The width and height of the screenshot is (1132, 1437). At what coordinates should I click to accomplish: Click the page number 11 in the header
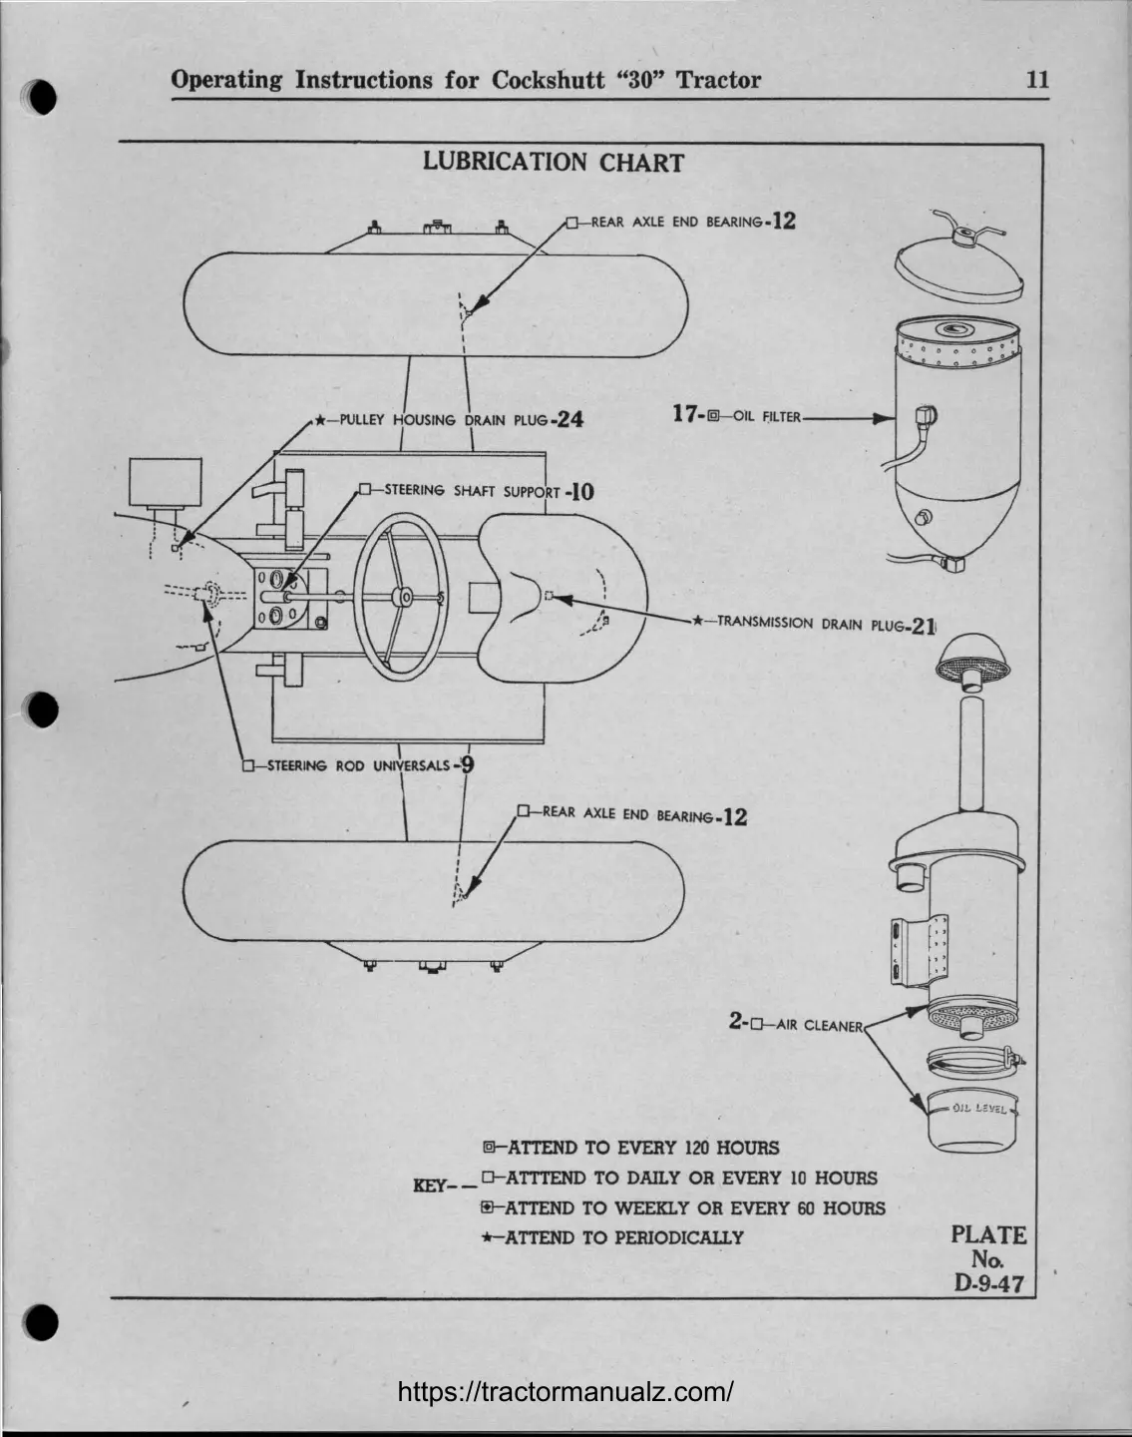[x=1037, y=80]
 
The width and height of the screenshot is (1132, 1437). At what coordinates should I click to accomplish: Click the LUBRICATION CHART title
[x=553, y=163]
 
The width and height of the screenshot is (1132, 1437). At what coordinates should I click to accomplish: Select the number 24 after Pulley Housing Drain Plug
[x=569, y=420]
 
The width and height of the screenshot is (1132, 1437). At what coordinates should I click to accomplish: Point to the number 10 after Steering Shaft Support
[x=580, y=491]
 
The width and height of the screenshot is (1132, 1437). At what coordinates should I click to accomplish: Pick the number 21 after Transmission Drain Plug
[x=924, y=627]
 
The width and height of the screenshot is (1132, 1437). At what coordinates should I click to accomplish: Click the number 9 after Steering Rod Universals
[x=466, y=765]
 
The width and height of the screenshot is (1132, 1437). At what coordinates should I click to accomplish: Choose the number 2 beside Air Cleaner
[x=736, y=1021]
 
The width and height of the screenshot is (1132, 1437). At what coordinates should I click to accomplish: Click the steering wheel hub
[x=403, y=597]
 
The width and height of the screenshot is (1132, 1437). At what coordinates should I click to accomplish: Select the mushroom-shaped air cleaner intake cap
[x=973, y=661]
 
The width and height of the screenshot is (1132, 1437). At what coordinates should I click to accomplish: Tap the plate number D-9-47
[x=988, y=1283]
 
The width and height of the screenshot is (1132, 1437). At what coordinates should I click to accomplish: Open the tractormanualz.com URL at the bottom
[x=566, y=1391]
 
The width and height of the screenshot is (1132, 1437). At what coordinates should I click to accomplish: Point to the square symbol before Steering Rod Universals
[x=248, y=766]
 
